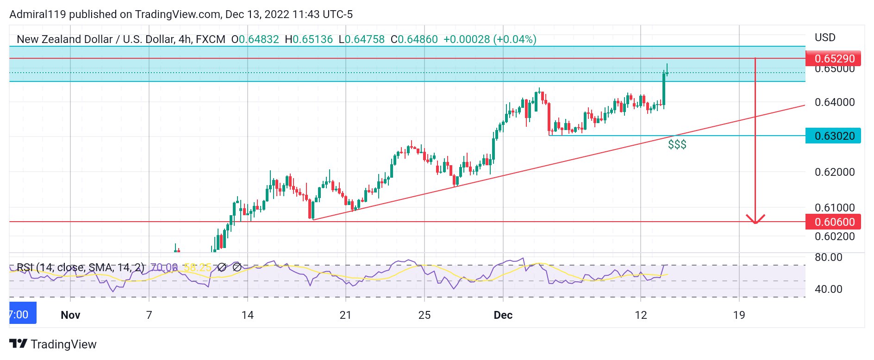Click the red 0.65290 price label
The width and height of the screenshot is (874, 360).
[833, 59]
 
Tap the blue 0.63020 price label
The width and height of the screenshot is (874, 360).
[833, 136]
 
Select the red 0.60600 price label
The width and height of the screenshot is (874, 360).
[833, 222]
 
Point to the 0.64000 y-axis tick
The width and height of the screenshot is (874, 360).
[834, 102]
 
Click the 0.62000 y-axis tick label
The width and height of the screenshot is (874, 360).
[834, 172]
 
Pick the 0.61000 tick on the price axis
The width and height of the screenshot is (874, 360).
[834, 207]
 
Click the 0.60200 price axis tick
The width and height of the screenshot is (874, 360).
[834, 236]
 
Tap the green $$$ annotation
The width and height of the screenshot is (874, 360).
[677, 145]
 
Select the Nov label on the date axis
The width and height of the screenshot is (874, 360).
[70, 315]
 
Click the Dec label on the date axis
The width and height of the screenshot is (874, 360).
[503, 315]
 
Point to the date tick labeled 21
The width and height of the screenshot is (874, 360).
[345, 315]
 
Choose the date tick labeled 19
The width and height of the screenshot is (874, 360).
[739, 315]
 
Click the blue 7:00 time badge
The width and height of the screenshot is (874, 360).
[22, 315]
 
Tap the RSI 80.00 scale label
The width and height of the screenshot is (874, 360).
[828, 257]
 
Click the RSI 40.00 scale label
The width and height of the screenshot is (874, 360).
[828, 289]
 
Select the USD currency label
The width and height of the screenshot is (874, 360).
[825, 37]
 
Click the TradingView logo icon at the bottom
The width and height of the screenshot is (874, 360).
[19, 344]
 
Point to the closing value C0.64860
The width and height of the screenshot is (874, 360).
[414, 39]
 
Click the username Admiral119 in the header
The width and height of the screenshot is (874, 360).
[38, 14]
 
